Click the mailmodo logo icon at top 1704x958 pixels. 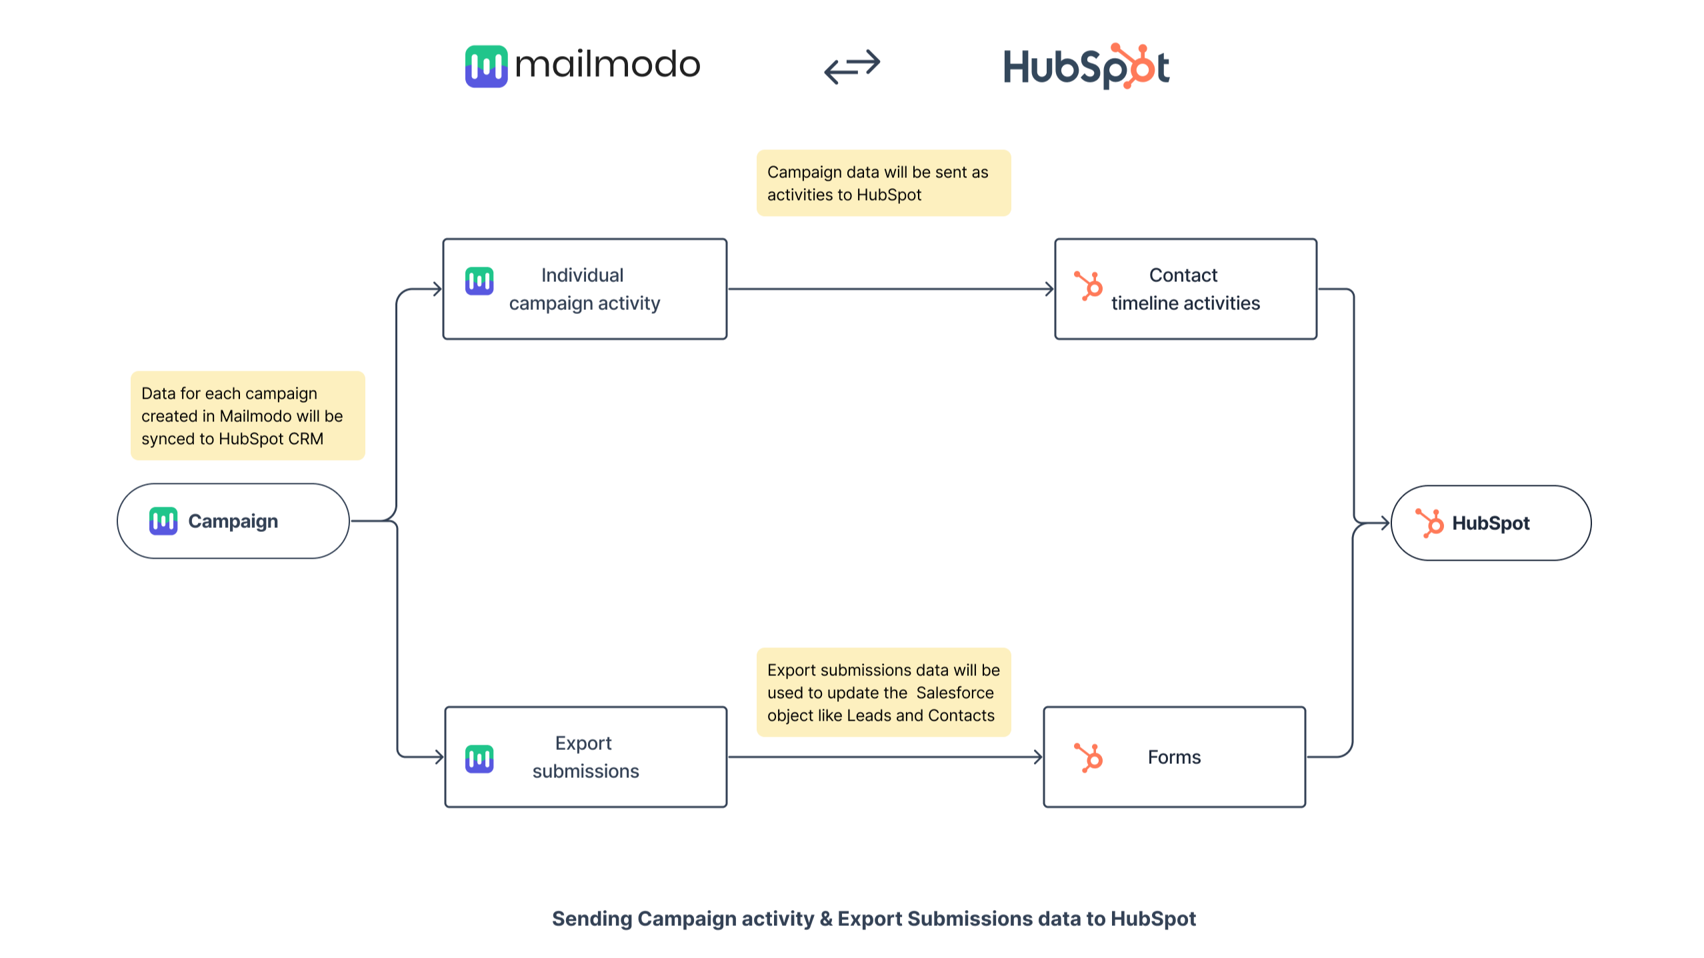(486, 66)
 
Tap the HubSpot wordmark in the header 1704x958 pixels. (1086, 67)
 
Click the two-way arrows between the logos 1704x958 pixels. (852, 66)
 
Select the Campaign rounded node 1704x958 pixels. (233, 521)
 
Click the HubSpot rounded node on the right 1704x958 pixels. (1491, 523)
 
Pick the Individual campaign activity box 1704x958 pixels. (585, 289)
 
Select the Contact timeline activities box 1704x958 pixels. (1185, 289)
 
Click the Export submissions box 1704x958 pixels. (585, 757)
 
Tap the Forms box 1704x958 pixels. (1174, 757)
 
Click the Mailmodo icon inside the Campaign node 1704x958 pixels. (163, 521)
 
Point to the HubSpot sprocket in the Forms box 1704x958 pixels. (1089, 757)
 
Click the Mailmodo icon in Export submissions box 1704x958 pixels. (479, 759)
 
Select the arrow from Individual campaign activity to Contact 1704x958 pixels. (890, 289)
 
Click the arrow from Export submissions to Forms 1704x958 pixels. (885, 757)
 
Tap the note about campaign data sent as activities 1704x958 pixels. (883, 183)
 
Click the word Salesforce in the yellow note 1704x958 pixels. (955, 693)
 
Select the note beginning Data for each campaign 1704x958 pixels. (247, 416)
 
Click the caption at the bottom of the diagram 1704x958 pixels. (873, 919)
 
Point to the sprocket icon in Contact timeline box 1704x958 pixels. (1089, 287)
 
